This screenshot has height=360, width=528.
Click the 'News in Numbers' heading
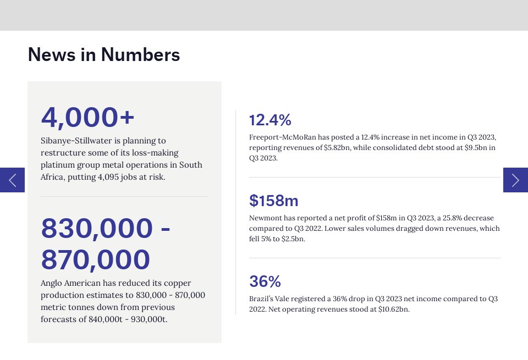click(x=104, y=55)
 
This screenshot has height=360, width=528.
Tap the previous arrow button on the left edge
click(x=12, y=180)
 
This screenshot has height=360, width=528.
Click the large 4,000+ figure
click(x=88, y=117)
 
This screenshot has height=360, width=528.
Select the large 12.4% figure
click(x=270, y=120)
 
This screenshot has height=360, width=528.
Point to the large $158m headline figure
click(x=274, y=201)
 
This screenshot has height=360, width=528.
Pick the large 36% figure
click(x=265, y=281)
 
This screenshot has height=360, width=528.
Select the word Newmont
click(x=266, y=218)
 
